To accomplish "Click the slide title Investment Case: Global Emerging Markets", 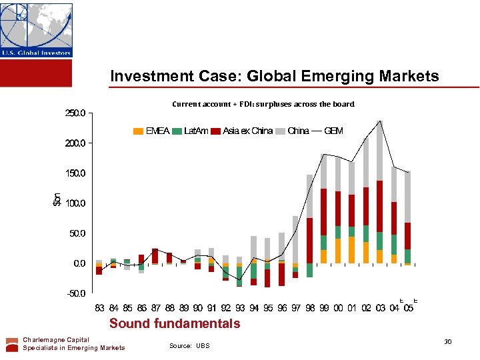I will (275, 76).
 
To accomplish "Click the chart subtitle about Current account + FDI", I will (263, 104).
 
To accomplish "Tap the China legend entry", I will (298, 131).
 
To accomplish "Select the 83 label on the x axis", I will (99, 308).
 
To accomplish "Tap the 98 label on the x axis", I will (310, 308).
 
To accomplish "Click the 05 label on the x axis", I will (408, 308).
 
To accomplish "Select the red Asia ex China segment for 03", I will (379, 206).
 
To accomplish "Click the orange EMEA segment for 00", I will (338, 251).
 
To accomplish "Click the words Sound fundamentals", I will (175, 324).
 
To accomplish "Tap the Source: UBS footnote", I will (189, 345).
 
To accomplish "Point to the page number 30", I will (448, 342).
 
